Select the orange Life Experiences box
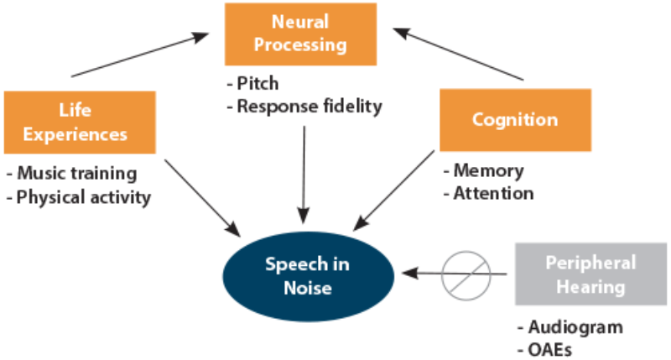click(x=81, y=122)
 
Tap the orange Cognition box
click(x=514, y=119)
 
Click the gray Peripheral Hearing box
click(x=590, y=274)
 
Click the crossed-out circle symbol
click(x=467, y=274)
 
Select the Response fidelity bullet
click(x=304, y=106)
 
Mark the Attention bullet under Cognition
click(x=488, y=193)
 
